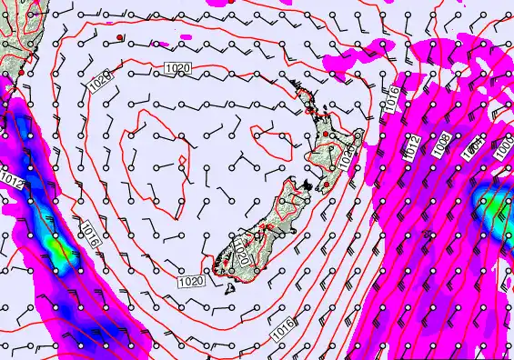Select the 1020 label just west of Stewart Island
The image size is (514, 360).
click(191, 282)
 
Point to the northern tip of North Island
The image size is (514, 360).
click(292, 82)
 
